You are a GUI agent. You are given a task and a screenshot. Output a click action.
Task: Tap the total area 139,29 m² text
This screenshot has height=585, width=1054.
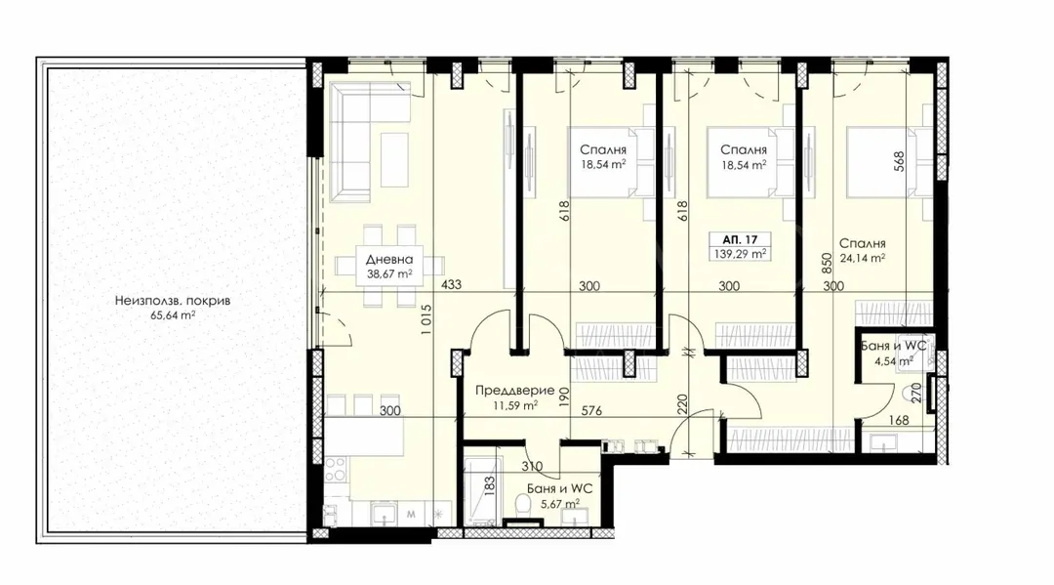click(x=740, y=253)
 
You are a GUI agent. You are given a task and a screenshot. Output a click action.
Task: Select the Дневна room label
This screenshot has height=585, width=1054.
click(x=389, y=260)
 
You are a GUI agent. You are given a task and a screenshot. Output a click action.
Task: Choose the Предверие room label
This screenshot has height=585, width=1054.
click(x=507, y=390)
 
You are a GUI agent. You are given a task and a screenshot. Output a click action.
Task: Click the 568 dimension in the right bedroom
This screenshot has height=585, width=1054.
click(x=899, y=161)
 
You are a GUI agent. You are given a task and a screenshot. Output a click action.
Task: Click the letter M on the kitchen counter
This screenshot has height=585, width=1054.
click(x=411, y=512)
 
